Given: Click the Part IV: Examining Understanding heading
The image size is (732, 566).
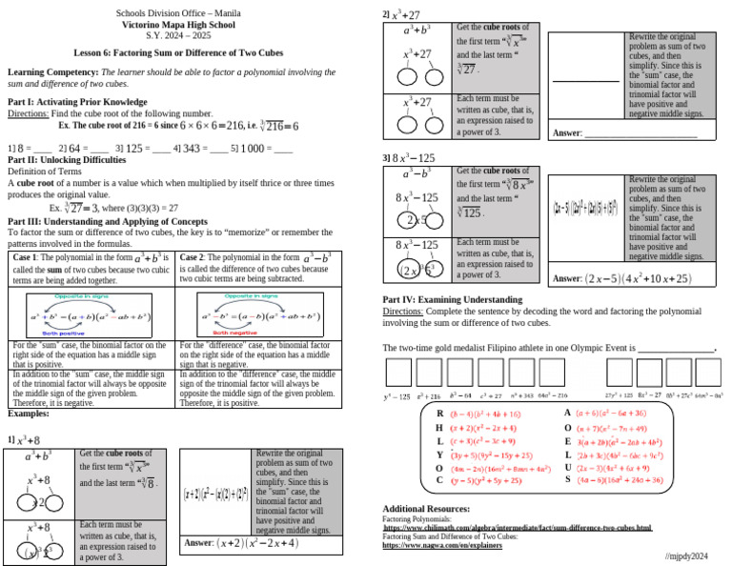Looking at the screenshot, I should [x=453, y=300].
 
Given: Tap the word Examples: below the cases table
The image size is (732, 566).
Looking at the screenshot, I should [x=29, y=414].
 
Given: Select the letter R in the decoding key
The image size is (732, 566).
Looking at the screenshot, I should [x=439, y=414].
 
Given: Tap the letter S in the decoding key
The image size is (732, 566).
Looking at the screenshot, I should [x=568, y=480].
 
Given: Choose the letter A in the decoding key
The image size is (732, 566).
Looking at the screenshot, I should [x=568, y=413].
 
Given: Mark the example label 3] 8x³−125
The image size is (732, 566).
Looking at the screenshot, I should [x=409, y=157].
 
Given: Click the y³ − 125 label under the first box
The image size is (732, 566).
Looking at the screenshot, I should [x=396, y=395].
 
